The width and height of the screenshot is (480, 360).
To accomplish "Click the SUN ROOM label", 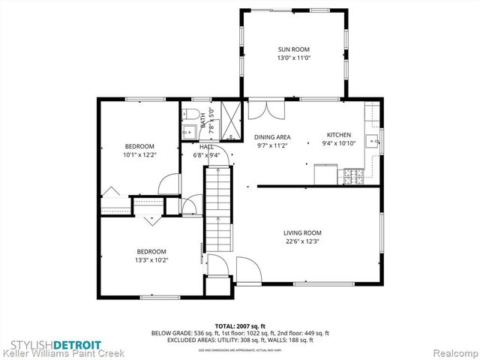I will [294, 49].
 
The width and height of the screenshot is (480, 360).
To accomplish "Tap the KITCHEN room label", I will [337, 134].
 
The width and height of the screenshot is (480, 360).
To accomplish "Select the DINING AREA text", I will [272, 137].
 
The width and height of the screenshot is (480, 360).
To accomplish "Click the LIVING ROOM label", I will [302, 232].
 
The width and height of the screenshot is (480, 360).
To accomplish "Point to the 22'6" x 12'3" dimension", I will [302, 241].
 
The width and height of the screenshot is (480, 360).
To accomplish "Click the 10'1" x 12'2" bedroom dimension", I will [139, 155].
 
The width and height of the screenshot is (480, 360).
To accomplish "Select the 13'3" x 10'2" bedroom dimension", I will [151, 260].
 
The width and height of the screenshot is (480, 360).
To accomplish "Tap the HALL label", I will [206, 147].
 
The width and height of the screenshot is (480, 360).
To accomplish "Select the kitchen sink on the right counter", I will [372, 140].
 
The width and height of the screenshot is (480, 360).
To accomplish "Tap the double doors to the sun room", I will [266, 110].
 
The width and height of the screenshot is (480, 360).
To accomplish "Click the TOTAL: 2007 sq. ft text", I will [240, 326].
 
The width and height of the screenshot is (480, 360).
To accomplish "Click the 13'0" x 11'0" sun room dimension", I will [294, 58].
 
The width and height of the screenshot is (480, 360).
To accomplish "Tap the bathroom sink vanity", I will [188, 132].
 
